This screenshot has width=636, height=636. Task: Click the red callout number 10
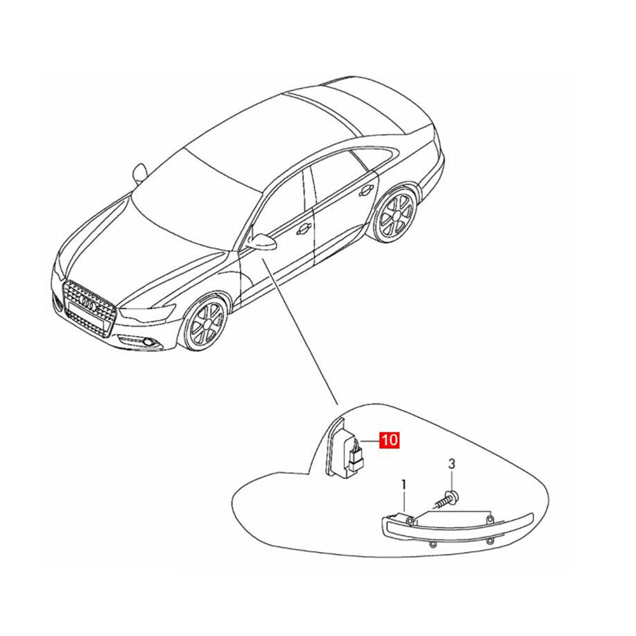coord(389,440)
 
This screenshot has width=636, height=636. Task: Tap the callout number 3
coord(452,464)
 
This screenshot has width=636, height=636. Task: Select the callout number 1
coord(404,485)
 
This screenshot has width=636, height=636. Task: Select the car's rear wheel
coord(395,215)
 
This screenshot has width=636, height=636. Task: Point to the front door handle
coord(303,229)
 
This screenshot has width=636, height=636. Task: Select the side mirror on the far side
coord(139,173)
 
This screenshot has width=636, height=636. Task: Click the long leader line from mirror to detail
coord(300,333)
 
